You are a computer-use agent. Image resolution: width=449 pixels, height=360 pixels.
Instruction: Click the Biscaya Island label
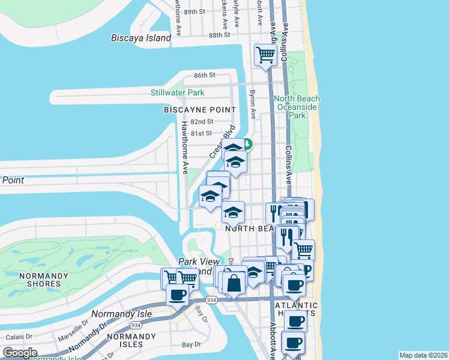pyautogui.click(x=141, y=38)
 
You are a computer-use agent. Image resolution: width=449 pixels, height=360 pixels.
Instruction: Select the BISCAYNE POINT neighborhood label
pyautogui.click(x=200, y=110)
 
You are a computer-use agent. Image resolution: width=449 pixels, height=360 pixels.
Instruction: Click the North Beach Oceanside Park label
pyautogui.click(x=297, y=107)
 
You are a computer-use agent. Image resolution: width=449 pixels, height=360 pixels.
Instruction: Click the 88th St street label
pyautogui.click(x=220, y=35)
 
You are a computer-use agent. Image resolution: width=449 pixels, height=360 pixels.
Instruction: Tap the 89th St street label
pyautogui.click(x=195, y=11)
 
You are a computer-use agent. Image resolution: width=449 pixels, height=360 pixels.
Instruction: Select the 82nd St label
pyautogui.click(x=201, y=122)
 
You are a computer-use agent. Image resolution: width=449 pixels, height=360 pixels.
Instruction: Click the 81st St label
pyautogui.click(x=201, y=133)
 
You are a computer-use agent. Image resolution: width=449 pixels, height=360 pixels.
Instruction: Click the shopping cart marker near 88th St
pyautogui.click(x=265, y=55)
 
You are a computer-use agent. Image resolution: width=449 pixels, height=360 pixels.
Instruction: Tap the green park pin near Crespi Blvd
pyautogui.click(x=247, y=145)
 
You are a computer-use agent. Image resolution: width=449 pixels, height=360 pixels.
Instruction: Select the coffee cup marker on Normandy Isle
pyautogui.click(x=178, y=295)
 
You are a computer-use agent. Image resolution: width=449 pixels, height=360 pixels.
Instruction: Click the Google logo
pyautogui.click(x=20, y=353)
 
